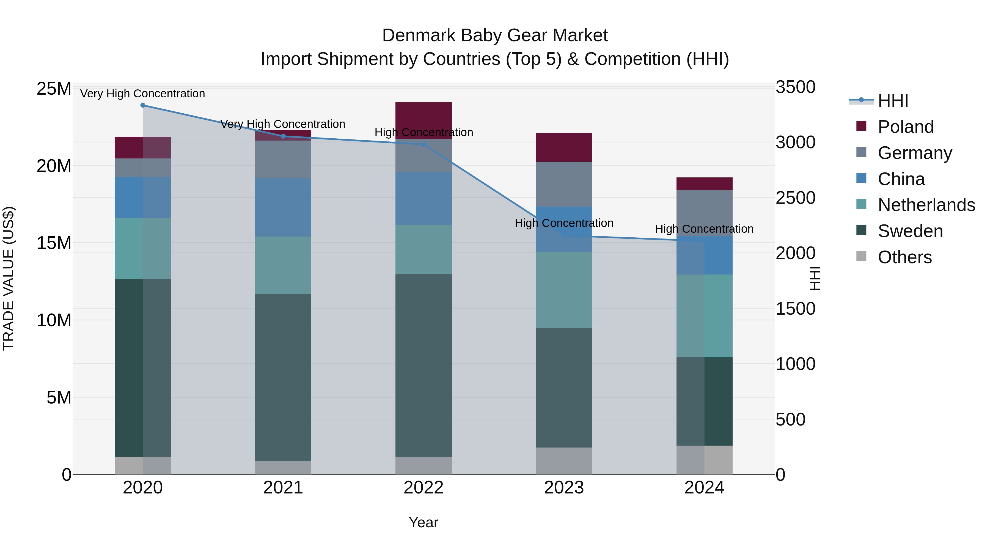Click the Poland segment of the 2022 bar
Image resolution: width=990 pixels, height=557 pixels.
click(x=424, y=120)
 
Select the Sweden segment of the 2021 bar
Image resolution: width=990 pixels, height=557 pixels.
click(x=283, y=377)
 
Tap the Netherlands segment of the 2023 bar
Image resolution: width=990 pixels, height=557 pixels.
click(x=564, y=290)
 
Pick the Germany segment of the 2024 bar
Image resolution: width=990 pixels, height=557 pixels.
click(x=704, y=213)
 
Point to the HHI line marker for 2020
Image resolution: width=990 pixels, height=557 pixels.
click(x=142, y=105)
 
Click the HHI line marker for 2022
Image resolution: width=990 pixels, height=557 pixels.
click(x=423, y=144)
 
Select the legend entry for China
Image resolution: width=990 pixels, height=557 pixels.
click(x=901, y=179)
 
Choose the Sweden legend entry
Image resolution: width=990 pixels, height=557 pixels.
click(x=910, y=231)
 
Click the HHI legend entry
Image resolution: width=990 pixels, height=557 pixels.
click(x=893, y=101)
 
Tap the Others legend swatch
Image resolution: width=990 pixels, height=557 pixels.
click(x=861, y=256)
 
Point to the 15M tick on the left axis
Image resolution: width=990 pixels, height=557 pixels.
click(x=54, y=243)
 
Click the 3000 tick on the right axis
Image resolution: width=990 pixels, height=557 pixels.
click(x=795, y=142)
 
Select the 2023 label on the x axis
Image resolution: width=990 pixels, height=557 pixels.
click(x=564, y=488)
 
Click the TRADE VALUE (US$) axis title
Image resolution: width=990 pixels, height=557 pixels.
click(x=9, y=278)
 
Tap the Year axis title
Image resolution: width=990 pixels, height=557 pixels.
click(x=423, y=522)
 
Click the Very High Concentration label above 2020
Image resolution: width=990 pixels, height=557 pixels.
click(x=142, y=94)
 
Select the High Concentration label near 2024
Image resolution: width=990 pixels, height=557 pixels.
click(x=704, y=229)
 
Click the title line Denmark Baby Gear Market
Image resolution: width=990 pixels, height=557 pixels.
click(x=495, y=35)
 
